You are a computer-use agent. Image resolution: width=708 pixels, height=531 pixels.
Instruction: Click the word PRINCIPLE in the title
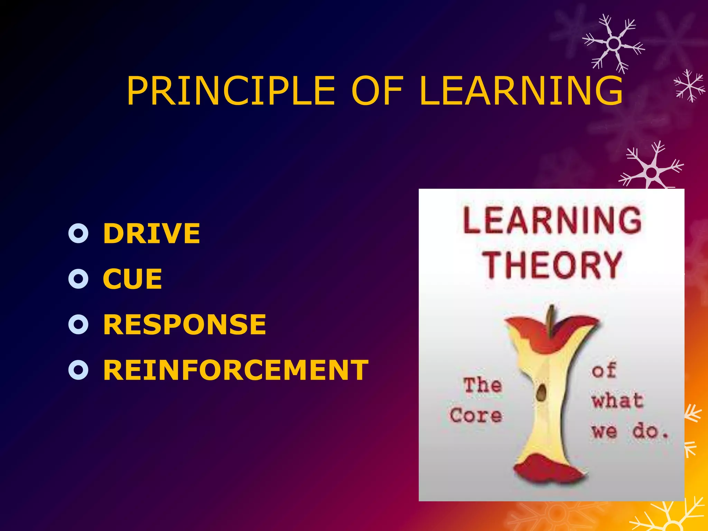click(231, 91)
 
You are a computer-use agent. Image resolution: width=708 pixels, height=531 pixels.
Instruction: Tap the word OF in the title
click(377, 91)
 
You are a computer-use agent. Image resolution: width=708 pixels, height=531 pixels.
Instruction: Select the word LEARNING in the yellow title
click(521, 91)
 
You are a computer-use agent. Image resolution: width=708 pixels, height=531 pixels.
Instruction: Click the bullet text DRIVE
click(151, 233)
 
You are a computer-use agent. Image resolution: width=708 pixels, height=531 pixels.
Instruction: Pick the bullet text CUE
click(132, 279)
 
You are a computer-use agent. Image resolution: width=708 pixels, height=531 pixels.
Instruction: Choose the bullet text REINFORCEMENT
click(236, 370)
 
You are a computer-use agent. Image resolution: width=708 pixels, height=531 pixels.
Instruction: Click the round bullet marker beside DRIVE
click(78, 234)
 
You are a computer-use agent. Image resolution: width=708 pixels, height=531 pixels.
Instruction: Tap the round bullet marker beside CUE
click(78, 279)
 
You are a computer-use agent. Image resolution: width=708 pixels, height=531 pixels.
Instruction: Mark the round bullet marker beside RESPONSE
click(78, 324)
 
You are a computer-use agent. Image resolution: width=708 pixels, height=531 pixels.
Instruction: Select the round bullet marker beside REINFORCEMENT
click(78, 370)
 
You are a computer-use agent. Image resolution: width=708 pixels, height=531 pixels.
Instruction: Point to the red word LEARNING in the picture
click(552, 220)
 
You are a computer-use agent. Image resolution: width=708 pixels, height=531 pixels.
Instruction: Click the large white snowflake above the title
click(613, 44)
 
